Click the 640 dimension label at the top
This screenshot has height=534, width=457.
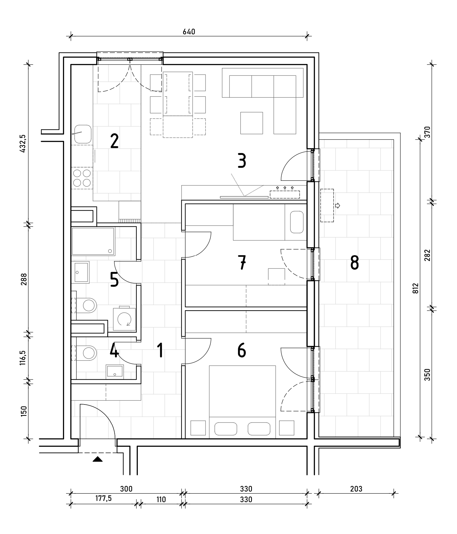point(189,32)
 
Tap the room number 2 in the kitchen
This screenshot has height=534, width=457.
point(114,141)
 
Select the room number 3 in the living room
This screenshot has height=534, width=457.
point(242,161)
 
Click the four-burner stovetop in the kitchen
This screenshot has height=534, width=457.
point(82,178)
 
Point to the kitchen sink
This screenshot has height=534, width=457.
point(83,134)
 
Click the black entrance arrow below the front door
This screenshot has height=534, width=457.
point(98,459)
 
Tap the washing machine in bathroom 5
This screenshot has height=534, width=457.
point(124,319)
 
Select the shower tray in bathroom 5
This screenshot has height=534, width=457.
point(93,241)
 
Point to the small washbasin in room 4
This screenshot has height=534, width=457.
point(115,372)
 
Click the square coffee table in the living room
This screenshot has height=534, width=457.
point(252,123)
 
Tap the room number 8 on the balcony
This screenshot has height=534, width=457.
point(355,263)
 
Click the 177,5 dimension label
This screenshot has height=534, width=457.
point(104,498)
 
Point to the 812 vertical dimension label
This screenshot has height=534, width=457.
point(416,288)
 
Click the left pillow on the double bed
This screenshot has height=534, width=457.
point(226,429)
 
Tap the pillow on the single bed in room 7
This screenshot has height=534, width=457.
point(297,222)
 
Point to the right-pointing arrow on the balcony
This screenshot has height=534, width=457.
point(337,206)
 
